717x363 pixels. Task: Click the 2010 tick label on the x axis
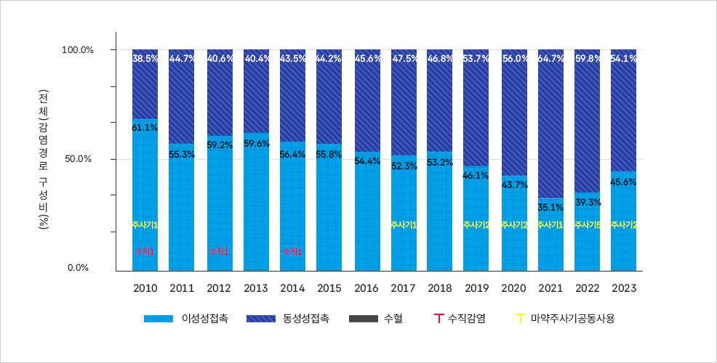[x=145, y=288]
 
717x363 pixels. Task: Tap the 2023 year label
[x=624, y=288]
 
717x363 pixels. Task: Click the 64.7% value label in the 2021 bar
[x=550, y=59]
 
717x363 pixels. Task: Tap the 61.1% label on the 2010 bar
[x=145, y=128]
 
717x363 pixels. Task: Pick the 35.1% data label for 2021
[x=550, y=208]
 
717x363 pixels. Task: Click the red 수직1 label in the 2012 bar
[x=219, y=251]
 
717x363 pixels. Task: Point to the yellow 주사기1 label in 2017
[x=404, y=225]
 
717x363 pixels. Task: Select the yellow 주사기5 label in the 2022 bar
[x=587, y=225]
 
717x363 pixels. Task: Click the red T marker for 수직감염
[x=438, y=318]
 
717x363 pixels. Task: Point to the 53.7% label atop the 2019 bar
[x=476, y=59]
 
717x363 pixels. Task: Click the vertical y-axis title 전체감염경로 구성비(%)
[x=44, y=159]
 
